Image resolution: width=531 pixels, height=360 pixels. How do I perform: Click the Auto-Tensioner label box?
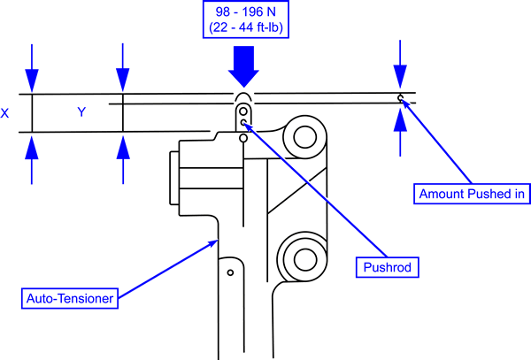click(x=70, y=298)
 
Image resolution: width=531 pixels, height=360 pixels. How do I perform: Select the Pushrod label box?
click(x=388, y=267)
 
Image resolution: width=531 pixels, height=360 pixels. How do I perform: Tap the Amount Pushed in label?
click(x=472, y=194)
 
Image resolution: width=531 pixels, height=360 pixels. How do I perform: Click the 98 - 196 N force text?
click(x=246, y=11)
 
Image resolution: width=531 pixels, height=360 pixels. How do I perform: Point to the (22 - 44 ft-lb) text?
click(x=246, y=27)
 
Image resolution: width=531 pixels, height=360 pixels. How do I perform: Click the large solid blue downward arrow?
click(x=244, y=66)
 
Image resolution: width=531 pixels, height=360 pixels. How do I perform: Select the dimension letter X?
click(x=4, y=113)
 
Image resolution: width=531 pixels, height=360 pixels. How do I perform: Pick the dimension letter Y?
click(x=81, y=111)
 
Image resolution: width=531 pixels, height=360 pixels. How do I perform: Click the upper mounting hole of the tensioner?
click(x=304, y=137)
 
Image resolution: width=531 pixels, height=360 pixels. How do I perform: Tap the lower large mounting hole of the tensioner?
click(x=305, y=259)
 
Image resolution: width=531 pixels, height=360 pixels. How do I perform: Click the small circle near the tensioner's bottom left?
click(x=230, y=272)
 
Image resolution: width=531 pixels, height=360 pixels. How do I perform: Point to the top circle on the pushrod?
click(x=242, y=111)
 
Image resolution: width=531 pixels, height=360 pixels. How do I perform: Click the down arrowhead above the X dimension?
click(x=32, y=80)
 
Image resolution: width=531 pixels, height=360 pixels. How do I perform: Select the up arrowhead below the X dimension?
click(x=32, y=148)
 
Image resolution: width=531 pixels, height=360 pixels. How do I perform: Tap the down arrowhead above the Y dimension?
click(x=123, y=80)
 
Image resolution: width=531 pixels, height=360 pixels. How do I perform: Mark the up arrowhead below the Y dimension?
click(x=123, y=148)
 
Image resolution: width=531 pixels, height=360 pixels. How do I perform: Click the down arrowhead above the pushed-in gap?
click(x=400, y=77)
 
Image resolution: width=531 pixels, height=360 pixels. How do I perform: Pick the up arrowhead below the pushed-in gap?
click(x=400, y=119)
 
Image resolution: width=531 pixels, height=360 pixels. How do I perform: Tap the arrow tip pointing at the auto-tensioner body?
click(x=218, y=241)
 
